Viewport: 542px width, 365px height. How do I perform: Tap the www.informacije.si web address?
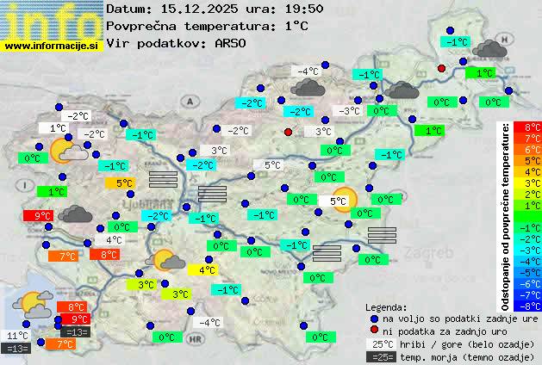tap(52, 46)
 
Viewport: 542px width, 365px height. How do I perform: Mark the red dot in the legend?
tap(374, 331)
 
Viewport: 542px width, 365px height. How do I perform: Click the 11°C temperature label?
tap(17, 336)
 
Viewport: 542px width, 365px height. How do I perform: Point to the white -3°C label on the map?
tap(349, 111)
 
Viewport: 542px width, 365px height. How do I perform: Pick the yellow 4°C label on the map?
tap(207, 270)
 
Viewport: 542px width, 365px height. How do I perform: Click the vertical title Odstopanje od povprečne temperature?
tap(507, 215)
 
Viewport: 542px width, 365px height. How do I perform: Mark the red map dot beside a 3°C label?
tap(288, 132)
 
